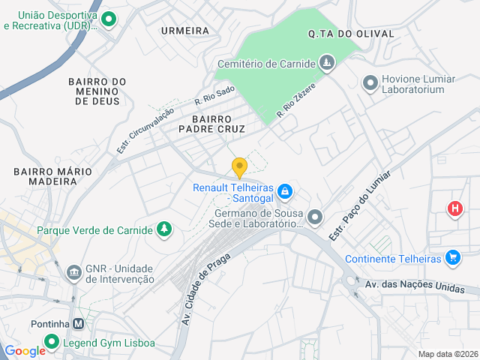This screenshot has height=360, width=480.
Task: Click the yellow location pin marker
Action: pyautogui.click(x=239, y=167)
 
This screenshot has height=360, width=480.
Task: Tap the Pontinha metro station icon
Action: pyautogui.click(x=78, y=324)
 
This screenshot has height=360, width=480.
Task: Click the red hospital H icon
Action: pyautogui.click(x=454, y=208)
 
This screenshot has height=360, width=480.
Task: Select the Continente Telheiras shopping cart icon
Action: pyautogui.click(x=452, y=259)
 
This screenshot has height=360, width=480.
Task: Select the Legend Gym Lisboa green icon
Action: pyautogui.click(x=52, y=343)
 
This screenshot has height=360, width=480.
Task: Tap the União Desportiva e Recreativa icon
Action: pyautogui.click(x=109, y=19)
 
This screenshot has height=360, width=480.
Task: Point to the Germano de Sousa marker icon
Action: pyautogui.click(x=315, y=217)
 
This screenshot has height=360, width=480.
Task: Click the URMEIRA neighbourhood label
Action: pyautogui.click(x=184, y=31)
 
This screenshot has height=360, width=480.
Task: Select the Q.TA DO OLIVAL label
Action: pyautogui.click(x=340, y=34)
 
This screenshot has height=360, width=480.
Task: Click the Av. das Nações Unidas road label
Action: pyautogui.click(x=415, y=286)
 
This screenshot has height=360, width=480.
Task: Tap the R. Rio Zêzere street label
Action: pyautogui.click(x=295, y=100)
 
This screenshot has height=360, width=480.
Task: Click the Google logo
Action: pyautogui.click(x=25, y=350)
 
